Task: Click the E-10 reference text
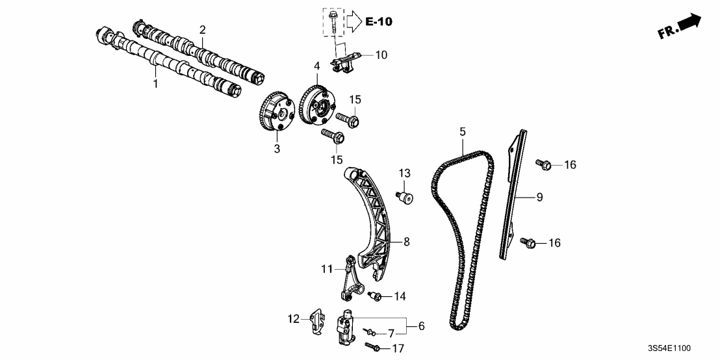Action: [x=378, y=21]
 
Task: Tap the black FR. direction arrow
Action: [x=689, y=23]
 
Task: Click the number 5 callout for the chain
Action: [x=463, y=132]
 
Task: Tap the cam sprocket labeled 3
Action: [x=276, y=116]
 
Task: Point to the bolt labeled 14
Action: [x=374, y=296]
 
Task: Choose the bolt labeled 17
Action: [x=374, y=348]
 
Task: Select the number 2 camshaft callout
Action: [x=203, y=30]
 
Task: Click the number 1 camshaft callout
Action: [x=155, y=84]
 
